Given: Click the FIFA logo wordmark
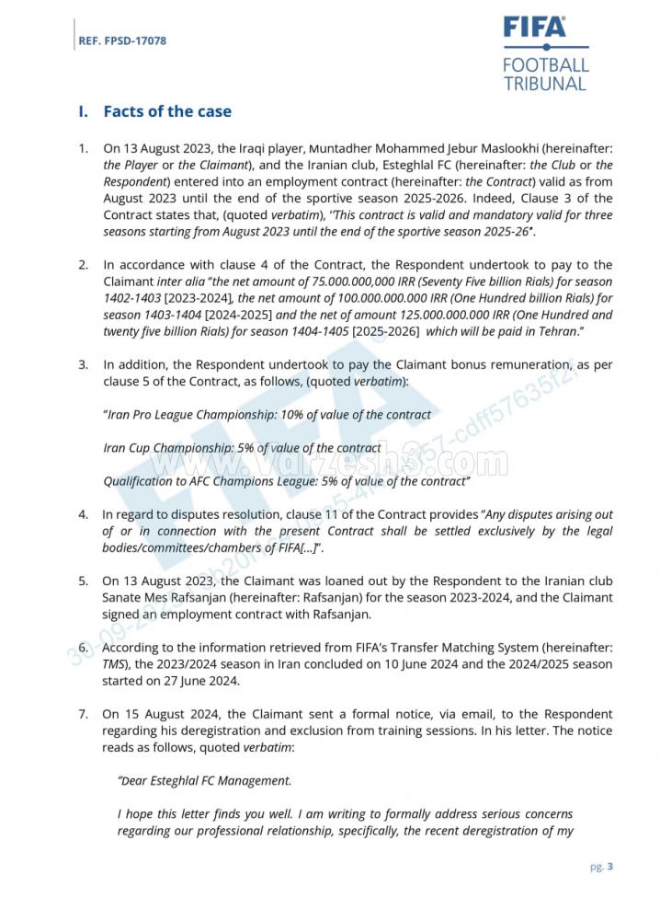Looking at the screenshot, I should pos(535,28).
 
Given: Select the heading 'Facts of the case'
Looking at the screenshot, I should pos(167,111).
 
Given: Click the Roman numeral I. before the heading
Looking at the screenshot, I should pos(84,111).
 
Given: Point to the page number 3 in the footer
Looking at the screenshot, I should pos(610,866).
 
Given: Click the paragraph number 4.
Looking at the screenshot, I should pos(83,515).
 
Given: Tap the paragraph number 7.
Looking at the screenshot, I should pos(83,714).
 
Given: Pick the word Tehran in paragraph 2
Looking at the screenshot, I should pos(554,331).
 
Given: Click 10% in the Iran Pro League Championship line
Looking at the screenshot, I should pos(302,415).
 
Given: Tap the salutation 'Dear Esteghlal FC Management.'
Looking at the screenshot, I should pos(204,780).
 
